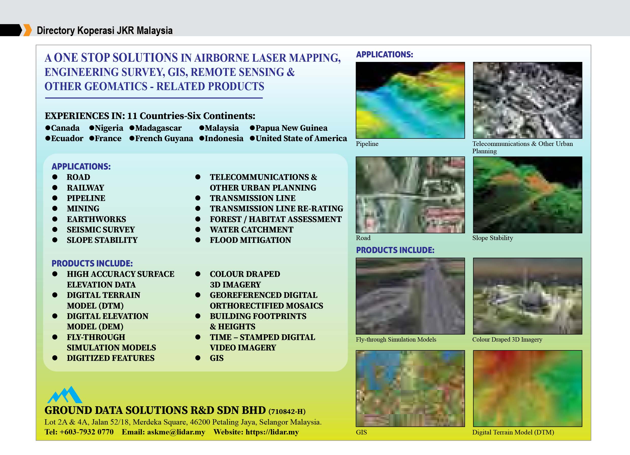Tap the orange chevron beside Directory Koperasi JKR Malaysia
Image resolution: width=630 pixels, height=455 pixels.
pyautogui.click(x=27, y=30)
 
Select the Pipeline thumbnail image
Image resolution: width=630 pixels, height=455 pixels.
pyautogui.click(x=410, y=100)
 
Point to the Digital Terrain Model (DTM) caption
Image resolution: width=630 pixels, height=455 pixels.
pyautogui.click(x=513, y=432)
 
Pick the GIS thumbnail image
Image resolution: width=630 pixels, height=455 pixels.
pyautogui.click(x=410, y=389)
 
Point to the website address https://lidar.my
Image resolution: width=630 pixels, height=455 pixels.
pyautogui.click(x=272, y=432)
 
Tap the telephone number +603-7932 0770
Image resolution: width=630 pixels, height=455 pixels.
pyautogui.click(x=86, y=432)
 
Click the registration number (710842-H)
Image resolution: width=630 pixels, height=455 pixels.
pyautogui.click(x=287, y=411)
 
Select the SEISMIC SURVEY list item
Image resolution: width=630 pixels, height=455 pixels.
pyautogui.click(x=101, y=229)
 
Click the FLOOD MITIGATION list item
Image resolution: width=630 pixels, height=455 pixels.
pyautogui.click(x=250, y=240)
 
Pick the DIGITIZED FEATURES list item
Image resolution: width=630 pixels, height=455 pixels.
pyautogui.click(x=111, y=358)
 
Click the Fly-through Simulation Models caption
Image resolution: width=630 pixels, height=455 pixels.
pyautogui.click(x=396, y=339)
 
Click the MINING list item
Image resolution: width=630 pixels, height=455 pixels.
pyautogui.click(x=83, y=209)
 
